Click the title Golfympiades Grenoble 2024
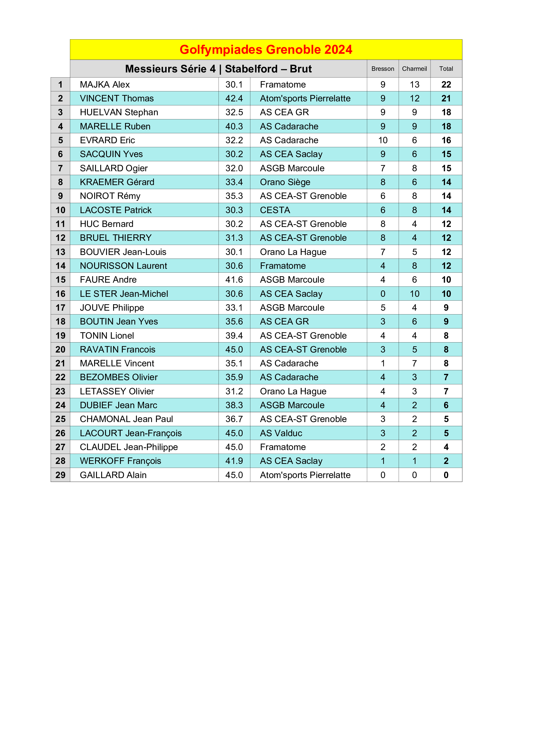coord(266,50)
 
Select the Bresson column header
coord(383,69)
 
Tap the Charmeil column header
coord(414,69)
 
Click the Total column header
coord(446,69)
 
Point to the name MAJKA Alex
coord(105,85)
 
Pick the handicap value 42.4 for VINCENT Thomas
coord(234,99)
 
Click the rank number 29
coord(60,475)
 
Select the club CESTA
coord(275,210)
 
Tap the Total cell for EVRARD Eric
coord(446,140)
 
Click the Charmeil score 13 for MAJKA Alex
coord(414,85)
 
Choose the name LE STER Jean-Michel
coord(124,294)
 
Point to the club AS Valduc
coord(281,433)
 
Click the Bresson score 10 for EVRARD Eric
coord(383,140)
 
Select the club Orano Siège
coord(285,182)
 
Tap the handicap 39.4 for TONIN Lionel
coord(234,335)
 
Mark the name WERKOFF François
coord(121,461)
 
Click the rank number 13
coord(60,252)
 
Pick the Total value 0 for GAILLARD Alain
coord(446,475)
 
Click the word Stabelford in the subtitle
coord(251,69)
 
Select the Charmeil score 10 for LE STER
coord(414,294)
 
